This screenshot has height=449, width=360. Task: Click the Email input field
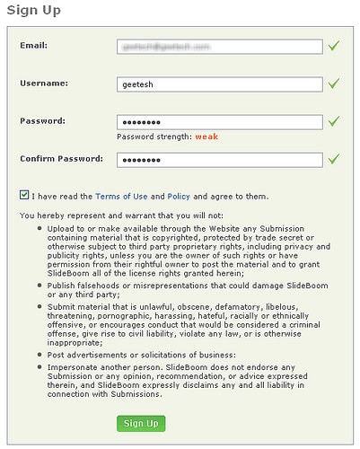click(x=219, y=45)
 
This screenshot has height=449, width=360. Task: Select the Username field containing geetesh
click(x=219, y=84)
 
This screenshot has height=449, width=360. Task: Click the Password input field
click(x=219, y=121)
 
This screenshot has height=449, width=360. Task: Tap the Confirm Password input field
click(x=219, y=160)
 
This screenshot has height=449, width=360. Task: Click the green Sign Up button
click(x=141, y=423)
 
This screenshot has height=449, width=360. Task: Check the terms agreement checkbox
click(x=23, y=195)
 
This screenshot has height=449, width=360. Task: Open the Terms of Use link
click(x=121, y=196)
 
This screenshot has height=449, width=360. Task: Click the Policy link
click(x=179, y=196)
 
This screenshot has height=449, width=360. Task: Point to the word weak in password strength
click(x=208, y=137)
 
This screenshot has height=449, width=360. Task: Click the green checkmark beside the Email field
click(x=334, y=44)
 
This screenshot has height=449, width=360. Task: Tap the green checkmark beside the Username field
click(x=334, y=83)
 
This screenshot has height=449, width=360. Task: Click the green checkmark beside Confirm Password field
click(x=334, y=159)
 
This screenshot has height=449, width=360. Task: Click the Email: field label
click(x=33, y=44)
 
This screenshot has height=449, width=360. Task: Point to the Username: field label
click(x=43, y=83)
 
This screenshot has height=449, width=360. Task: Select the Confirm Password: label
click(x=62, y=159)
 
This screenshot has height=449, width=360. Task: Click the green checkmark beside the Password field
click(x=334, y=120)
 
